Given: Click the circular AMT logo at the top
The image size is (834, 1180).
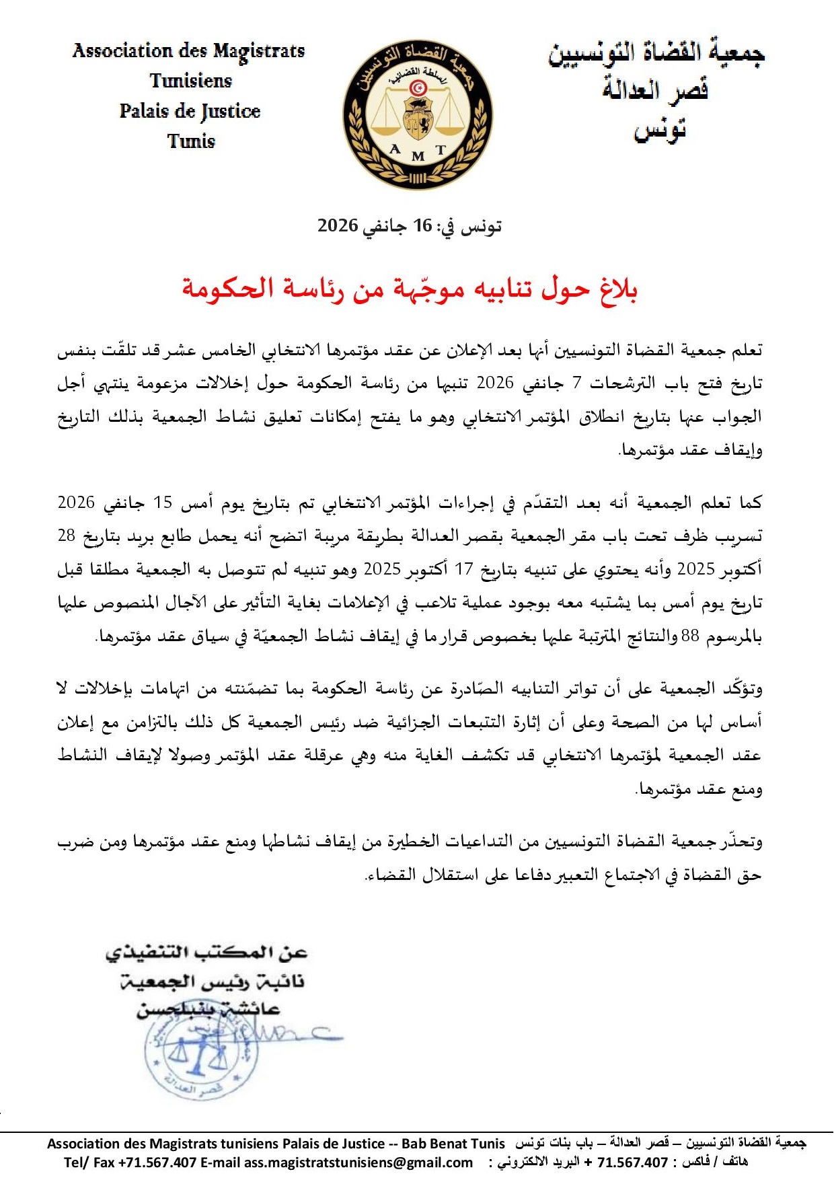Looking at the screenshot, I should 417,114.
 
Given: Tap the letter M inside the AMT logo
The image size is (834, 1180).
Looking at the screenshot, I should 418,157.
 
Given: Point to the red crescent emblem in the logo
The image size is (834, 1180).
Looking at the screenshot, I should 418,87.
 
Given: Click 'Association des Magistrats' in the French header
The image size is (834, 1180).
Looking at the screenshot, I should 188,51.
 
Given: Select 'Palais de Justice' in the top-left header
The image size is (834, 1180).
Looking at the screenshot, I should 190,111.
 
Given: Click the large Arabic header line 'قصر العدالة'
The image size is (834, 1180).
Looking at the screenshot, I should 656,89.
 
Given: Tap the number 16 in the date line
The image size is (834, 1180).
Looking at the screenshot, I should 422,225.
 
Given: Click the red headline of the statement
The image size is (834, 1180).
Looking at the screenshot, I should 410,289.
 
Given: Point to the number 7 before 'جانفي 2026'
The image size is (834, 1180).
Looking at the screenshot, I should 576,383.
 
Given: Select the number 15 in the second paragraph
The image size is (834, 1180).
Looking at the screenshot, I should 163,503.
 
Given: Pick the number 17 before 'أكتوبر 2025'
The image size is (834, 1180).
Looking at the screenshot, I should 464,569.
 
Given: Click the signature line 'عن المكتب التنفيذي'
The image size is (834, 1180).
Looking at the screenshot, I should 206,953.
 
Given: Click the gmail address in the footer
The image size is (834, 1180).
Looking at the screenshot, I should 358,1163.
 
